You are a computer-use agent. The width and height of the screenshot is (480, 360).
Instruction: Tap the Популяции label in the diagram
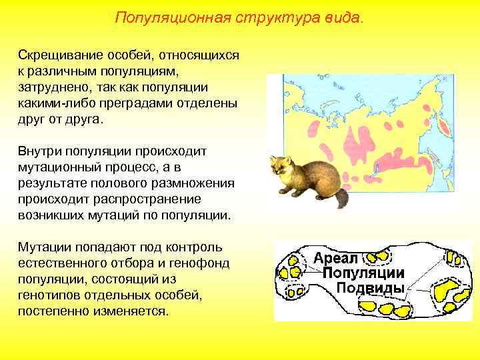[363, 273]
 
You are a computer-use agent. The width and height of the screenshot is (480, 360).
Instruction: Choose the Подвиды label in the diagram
[370, 288]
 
